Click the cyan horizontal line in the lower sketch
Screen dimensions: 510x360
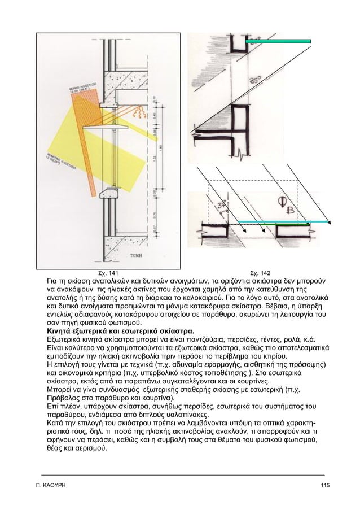click(282, 223)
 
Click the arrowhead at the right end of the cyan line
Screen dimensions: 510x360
click(335, 223)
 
